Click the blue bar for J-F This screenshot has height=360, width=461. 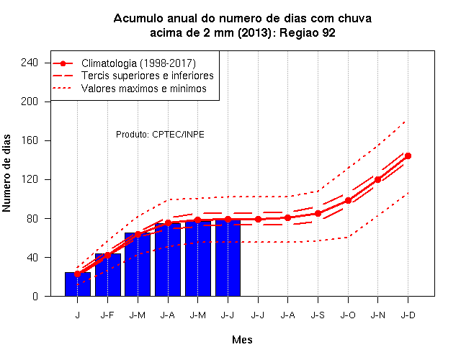click(108, 275)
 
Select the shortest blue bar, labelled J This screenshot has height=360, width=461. click(78, 284)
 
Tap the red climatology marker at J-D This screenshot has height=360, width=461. click(408, 156)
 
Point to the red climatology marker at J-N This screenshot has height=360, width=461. click(377, 179)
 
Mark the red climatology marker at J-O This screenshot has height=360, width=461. click(348, 201)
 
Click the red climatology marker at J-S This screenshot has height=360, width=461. click(318, 214)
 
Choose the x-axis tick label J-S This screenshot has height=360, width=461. click(318, 315)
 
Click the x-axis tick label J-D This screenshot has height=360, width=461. click(408, 315)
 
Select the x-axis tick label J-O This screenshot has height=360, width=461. click(348, 315)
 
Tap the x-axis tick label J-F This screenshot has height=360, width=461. click(107, 315)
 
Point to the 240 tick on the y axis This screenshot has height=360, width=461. click(30, 63)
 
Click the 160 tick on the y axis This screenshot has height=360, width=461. click(30, 140)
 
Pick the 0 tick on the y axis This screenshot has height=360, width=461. click(35, 296)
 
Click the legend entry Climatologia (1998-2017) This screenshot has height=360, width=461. click(138, 63)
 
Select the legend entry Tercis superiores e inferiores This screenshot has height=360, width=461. click(148, 76)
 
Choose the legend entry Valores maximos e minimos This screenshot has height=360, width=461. click(144, 89)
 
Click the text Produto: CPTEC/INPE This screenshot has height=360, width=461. click(160, 135)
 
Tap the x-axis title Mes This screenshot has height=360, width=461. click(242, 340)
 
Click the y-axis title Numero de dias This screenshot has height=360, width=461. click(6, 174)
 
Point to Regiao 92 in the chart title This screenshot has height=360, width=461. click(308, 33)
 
